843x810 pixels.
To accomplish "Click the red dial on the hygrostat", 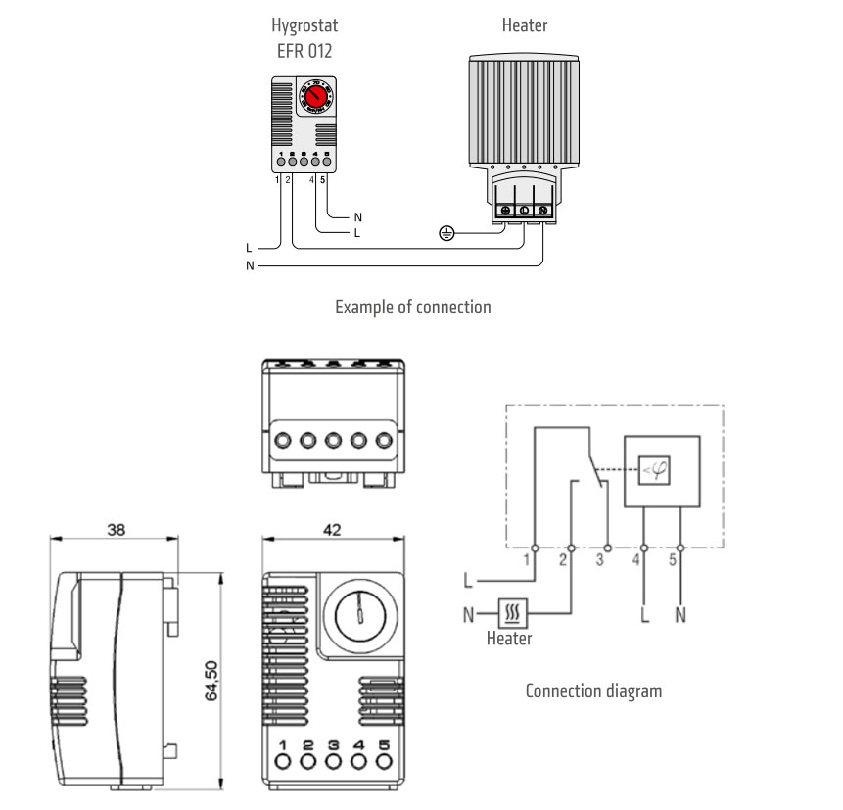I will (x=315, y=98).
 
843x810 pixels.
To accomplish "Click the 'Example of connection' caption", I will (x=412, y=307).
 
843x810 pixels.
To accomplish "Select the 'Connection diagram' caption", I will (x=593, y=691).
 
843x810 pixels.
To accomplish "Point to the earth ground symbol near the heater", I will (x=446, y=233).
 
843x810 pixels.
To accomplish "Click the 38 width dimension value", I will (x=115, y=529).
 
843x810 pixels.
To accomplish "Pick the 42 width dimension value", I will (x=333, y=529).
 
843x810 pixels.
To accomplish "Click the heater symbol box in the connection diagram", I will (x=514, y=614).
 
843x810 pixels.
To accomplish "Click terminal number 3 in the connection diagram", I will (x=600, y=560).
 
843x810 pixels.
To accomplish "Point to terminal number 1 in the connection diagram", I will (x=527, y=560).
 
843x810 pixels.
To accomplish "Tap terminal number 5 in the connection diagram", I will (x=673, y=560).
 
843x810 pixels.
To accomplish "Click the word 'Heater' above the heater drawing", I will (x=524, y=25).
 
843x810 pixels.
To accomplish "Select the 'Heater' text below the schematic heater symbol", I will (x=509, y=639).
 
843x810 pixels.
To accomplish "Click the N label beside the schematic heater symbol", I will (x=469, y=615).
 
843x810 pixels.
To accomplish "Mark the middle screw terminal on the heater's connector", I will (x=523, y=210).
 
